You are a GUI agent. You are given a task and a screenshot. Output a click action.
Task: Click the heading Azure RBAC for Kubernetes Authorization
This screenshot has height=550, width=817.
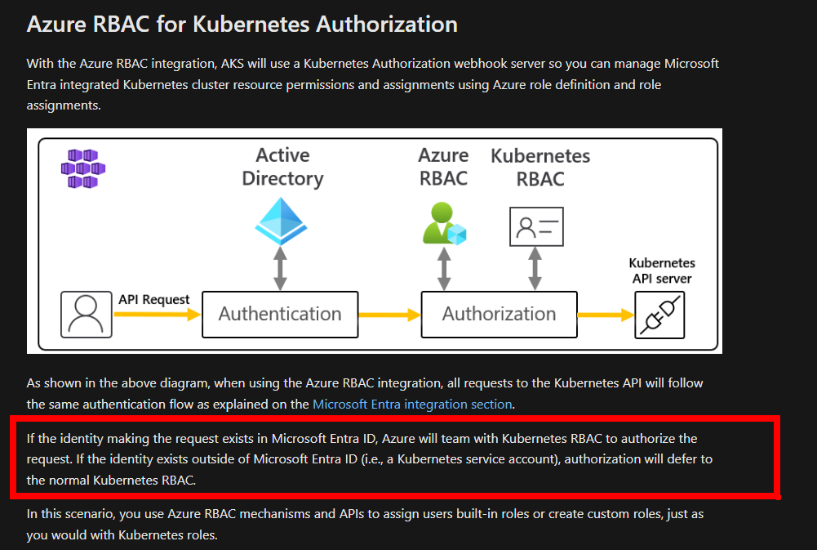(242, 24)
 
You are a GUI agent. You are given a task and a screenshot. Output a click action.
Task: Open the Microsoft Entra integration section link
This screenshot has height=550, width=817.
(412, 404)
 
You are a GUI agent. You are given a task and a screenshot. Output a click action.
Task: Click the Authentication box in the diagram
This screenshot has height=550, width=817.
(280, 314)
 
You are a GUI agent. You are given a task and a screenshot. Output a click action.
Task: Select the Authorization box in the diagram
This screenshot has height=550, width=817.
(499, 314)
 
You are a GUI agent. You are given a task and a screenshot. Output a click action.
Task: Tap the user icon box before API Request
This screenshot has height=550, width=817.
(86, 315)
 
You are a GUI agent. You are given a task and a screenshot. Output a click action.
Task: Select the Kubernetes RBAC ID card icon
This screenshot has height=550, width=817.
(536, 226)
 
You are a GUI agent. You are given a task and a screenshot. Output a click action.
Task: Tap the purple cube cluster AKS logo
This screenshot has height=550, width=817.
(83, 168)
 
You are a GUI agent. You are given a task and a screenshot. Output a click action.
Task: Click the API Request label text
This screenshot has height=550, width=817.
(154, 299)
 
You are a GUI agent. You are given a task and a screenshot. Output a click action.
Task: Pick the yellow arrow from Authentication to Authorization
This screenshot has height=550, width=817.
(389, 315)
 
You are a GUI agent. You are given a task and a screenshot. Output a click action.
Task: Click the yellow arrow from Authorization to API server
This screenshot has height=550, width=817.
(606, 315)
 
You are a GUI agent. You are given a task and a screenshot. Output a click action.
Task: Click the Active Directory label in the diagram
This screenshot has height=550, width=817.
(282, 167)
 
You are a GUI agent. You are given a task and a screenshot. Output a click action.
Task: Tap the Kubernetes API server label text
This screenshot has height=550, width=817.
(661, 271)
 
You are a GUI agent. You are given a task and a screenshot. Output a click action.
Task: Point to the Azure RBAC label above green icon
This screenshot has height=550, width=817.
(443, 167)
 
